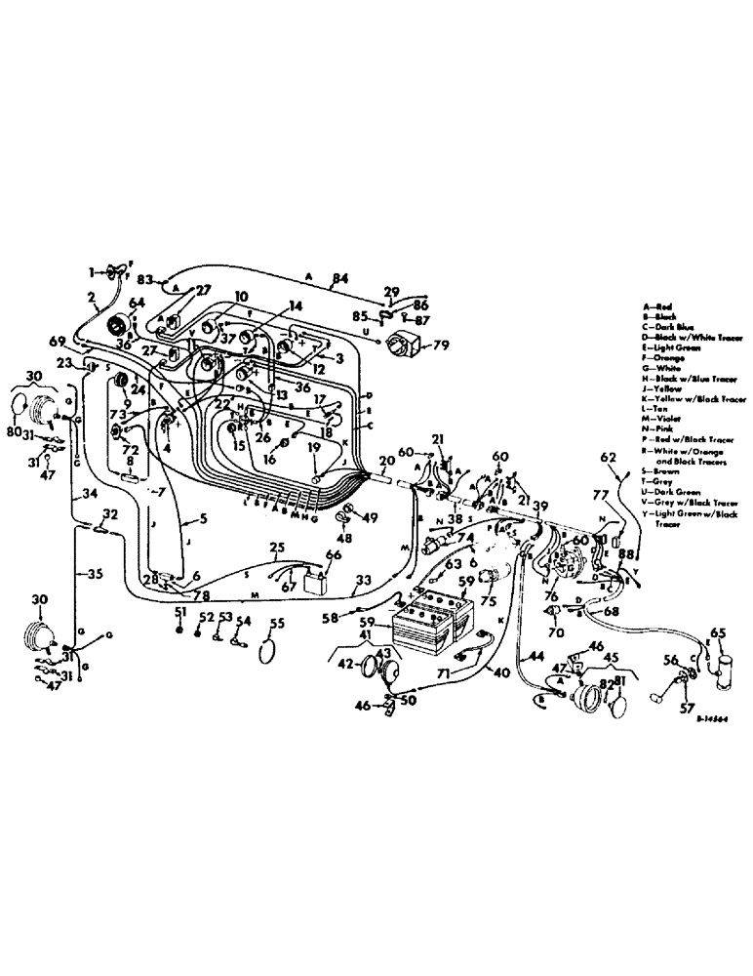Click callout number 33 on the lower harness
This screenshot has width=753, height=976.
362,580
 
